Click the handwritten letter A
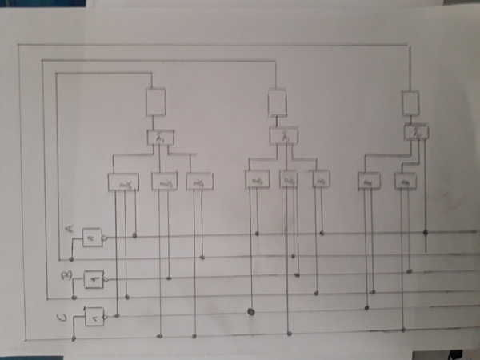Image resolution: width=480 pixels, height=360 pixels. click(70, 230)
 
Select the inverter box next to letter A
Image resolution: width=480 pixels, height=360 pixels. click(92, 238)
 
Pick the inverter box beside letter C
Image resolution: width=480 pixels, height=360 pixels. click(94, 318)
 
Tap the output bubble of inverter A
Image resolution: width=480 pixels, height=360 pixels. click(106, 238)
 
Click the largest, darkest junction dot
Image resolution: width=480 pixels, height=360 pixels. click(250, 311)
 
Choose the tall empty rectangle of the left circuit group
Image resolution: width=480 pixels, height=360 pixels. click(155, 101)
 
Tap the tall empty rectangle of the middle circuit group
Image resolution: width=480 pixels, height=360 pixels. click(277, 102)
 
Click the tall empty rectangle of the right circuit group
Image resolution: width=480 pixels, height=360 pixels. click(410, 102)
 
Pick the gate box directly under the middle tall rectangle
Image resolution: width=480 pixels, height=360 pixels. click(279, 137)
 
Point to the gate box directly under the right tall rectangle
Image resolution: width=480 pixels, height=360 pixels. click(416, 131)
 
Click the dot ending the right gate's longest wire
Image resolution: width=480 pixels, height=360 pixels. click(425, 233)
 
